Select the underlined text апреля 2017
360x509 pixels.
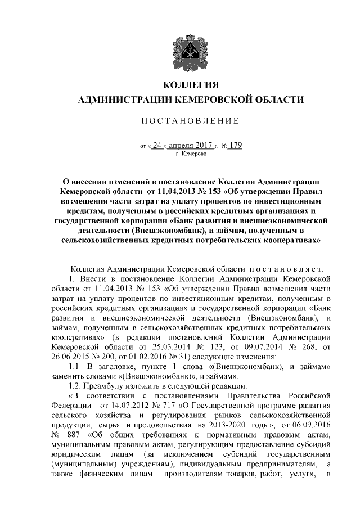click(193, 146)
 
